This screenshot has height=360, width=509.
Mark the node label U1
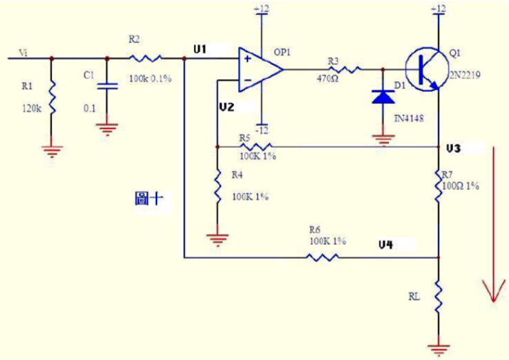click(x=200, y=48)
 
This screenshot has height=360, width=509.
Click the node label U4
click(x=385, y=245)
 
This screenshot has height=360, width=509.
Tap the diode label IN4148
click(x=408, y=118)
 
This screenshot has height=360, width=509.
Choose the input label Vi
click(x=23, y=52)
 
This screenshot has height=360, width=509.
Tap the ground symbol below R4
click(x=216, y=239)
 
